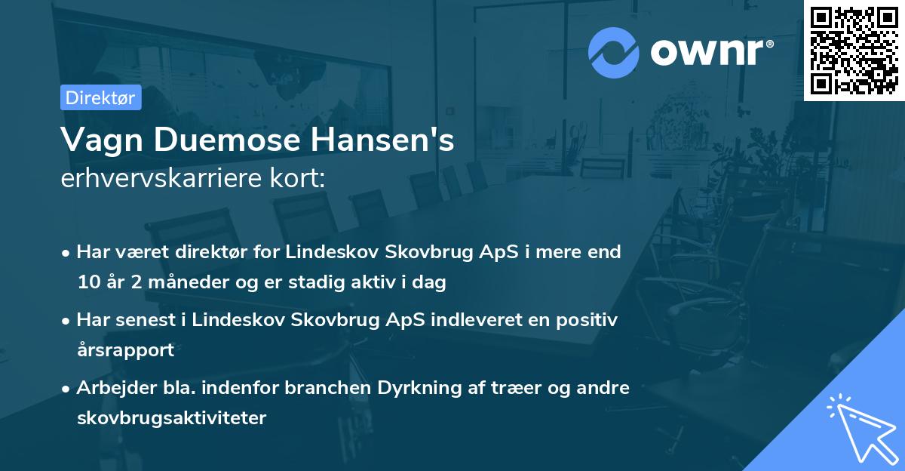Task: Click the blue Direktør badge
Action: [101, 97]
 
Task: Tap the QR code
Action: [854, 50]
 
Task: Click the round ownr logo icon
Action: [614, 53]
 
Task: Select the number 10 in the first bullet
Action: [88, 282]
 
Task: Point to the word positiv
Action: [590, 319]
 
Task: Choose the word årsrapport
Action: [125, 349]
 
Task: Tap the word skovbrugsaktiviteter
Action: [171, 417]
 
